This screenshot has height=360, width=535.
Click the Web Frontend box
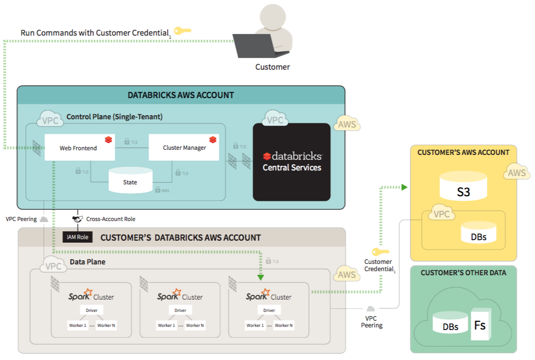click(79, 148)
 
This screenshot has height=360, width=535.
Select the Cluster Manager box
click(184, 148)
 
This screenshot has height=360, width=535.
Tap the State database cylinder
click(130, 181)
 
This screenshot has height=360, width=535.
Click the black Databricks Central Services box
click(292, 162)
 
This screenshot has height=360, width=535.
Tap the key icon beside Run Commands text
click(182, 30)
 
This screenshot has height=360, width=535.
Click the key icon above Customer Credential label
click(380, 252)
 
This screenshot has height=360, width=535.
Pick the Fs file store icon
click(480, 325)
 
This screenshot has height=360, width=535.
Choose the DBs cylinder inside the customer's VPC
click(479, 232)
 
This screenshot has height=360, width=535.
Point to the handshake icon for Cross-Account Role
click(78, 219)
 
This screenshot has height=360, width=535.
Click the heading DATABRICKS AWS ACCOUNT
click(180, 95)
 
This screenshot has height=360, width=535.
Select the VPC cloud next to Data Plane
click(53, 265)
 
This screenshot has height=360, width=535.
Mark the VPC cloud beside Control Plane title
click(50, 119)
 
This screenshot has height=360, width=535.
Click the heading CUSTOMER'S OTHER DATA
click(463, 273)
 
